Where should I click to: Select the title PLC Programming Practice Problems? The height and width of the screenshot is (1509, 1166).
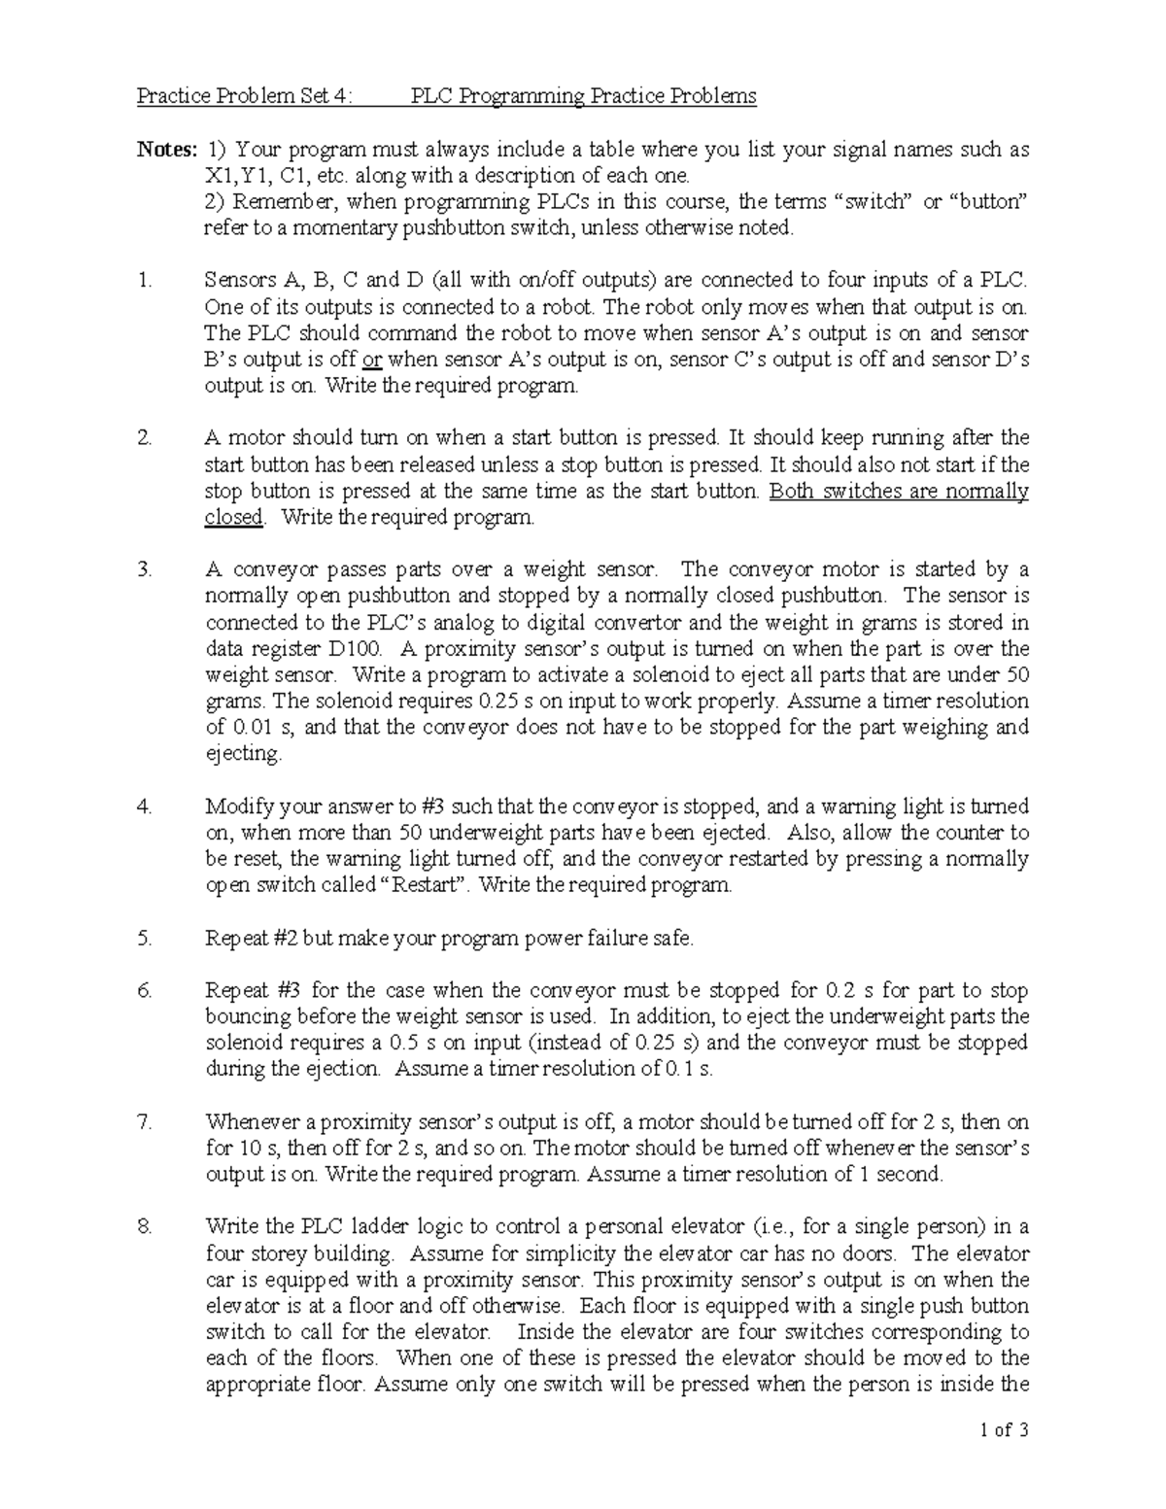(583, 96)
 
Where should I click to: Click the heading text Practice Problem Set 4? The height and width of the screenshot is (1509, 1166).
(246, 96)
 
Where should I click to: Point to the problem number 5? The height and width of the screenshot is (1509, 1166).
(144, 938)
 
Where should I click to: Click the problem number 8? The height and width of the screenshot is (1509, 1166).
(144, 1226)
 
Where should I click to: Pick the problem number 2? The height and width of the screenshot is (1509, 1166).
(144, 438)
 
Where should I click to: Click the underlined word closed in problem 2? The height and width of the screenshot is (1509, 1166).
(233, 517)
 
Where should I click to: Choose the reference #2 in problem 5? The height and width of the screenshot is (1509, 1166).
(283, 938)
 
